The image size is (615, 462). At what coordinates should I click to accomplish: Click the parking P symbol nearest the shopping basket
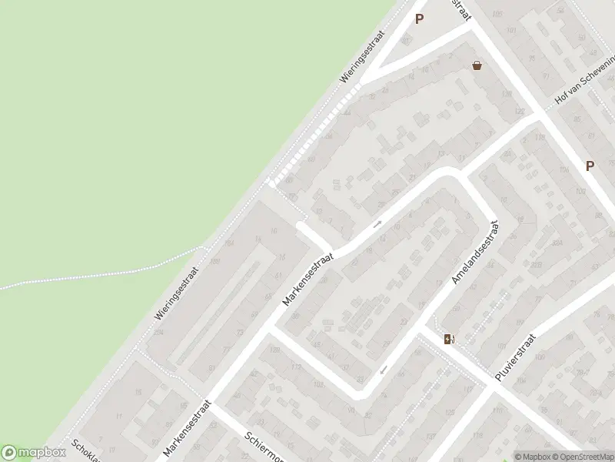[419, 19]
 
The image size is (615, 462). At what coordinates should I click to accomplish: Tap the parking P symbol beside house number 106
[590, 166]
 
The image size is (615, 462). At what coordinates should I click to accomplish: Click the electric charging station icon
[448, 339]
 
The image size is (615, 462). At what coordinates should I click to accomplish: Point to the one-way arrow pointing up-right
[377, 225]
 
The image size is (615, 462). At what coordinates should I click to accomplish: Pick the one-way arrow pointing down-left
[382, 370]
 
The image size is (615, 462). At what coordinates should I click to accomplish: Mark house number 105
[497, 15]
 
